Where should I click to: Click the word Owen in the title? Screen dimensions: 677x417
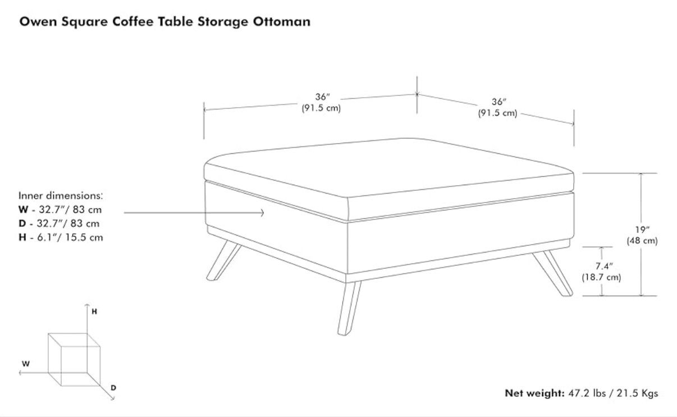tap(38, 21)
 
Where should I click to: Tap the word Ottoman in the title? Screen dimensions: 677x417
tap(281, 21)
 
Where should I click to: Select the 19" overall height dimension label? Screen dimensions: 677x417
tap(642, 230)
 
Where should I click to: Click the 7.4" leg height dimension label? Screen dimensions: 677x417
tap(604, 266)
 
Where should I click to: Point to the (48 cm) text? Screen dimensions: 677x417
tap(642, 241)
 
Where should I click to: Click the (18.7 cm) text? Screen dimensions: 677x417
tap(601, 277)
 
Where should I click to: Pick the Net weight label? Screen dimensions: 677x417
tap(534, 393)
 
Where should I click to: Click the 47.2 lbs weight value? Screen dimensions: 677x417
tap(587, 393)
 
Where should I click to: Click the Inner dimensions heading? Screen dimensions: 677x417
tap(61, 195)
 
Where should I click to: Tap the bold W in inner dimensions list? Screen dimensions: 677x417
tap(23, 209)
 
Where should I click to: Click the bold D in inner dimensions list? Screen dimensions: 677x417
tap(22, 223)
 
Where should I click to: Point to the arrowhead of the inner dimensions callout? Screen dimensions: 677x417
tap(262, 213)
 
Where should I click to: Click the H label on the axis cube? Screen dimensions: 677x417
tap(94, 311)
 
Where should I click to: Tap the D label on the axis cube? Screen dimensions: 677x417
tap(113, 388)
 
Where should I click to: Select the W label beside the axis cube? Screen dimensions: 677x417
tap(26, 364)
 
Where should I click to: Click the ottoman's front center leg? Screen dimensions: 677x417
tap(349, 308)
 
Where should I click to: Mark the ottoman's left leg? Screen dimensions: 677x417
tap(223, 260)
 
